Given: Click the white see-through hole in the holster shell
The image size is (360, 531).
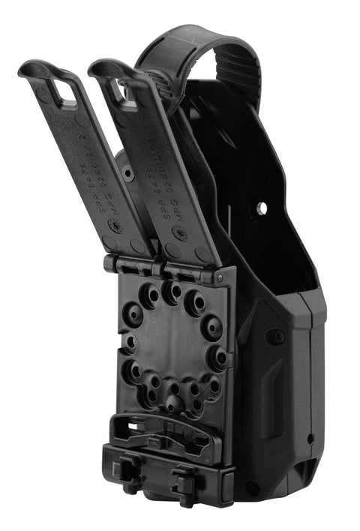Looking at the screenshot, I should click(x=261, y=205).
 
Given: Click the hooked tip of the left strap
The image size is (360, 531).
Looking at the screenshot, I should click(x=30, y=68).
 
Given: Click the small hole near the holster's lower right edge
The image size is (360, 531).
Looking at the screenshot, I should click(x=310, y=437).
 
